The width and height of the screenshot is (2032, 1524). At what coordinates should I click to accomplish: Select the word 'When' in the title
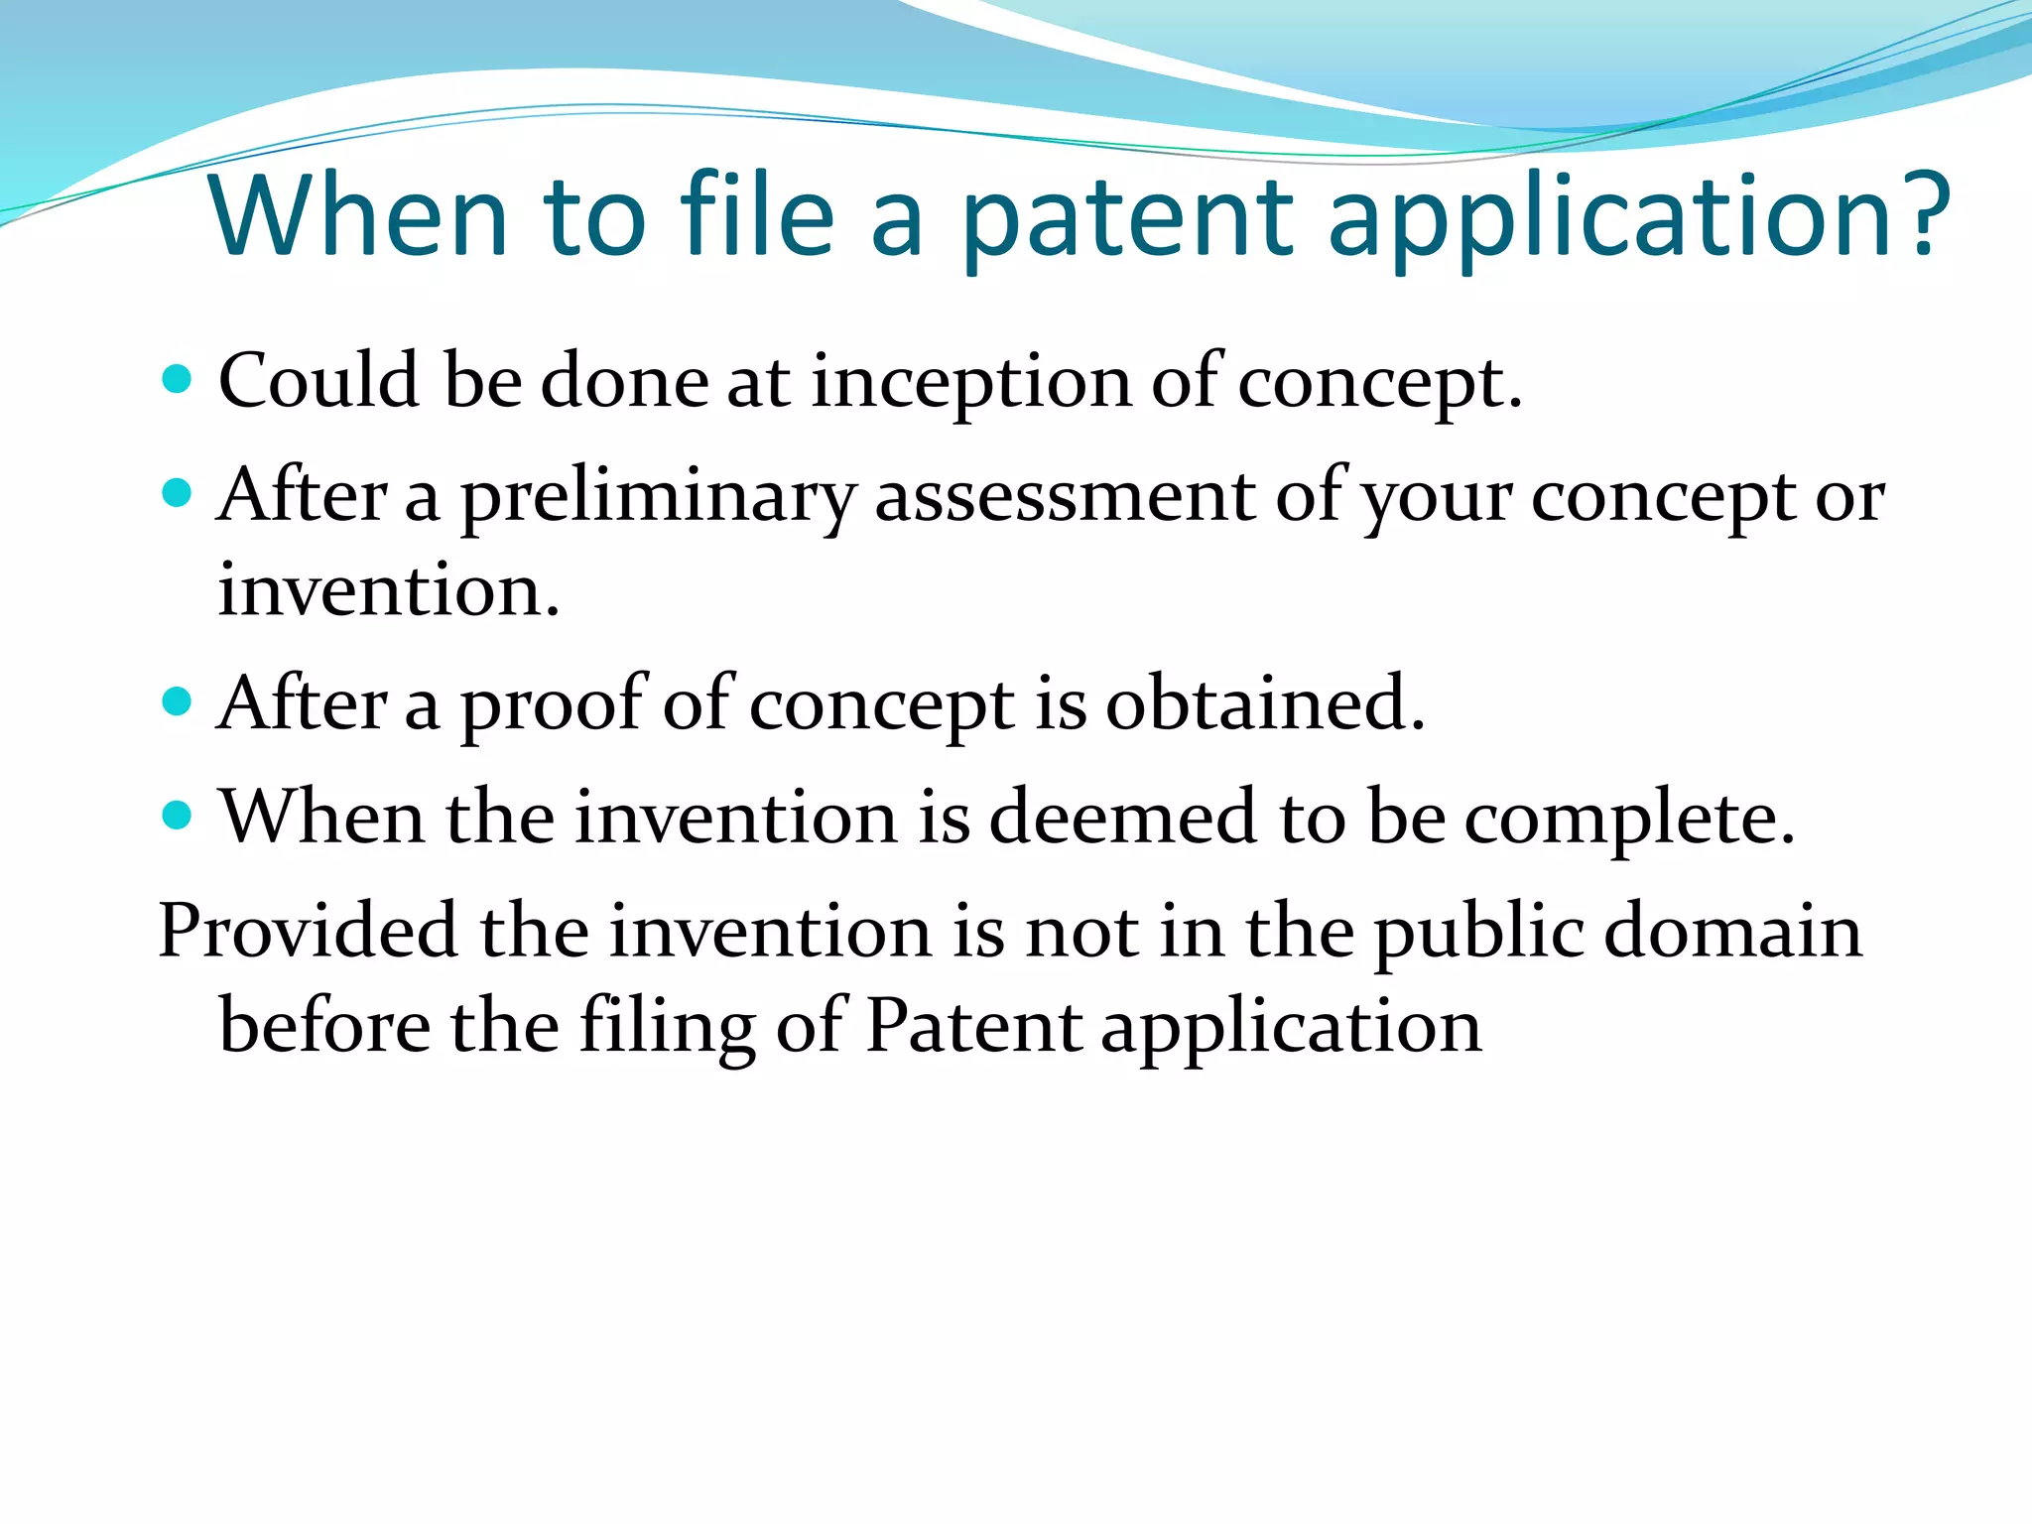tap(358, 215)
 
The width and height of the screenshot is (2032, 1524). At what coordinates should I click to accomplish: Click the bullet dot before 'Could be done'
tap(177, 379)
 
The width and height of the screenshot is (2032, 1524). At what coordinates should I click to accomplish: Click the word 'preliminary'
tap(658, 497)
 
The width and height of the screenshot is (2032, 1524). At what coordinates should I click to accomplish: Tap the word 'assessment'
tap(1065, 496)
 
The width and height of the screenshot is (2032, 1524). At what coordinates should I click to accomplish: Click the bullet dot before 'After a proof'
tap(177, 701)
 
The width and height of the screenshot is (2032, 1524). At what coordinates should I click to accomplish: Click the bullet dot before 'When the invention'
tap(177, 816)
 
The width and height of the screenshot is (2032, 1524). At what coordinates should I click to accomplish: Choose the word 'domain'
tap(1733, 932)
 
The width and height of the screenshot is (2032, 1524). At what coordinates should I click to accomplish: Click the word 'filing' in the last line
tap(667, 1028)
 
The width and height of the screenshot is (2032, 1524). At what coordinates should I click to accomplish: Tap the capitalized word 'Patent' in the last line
tap(973, 1026)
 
